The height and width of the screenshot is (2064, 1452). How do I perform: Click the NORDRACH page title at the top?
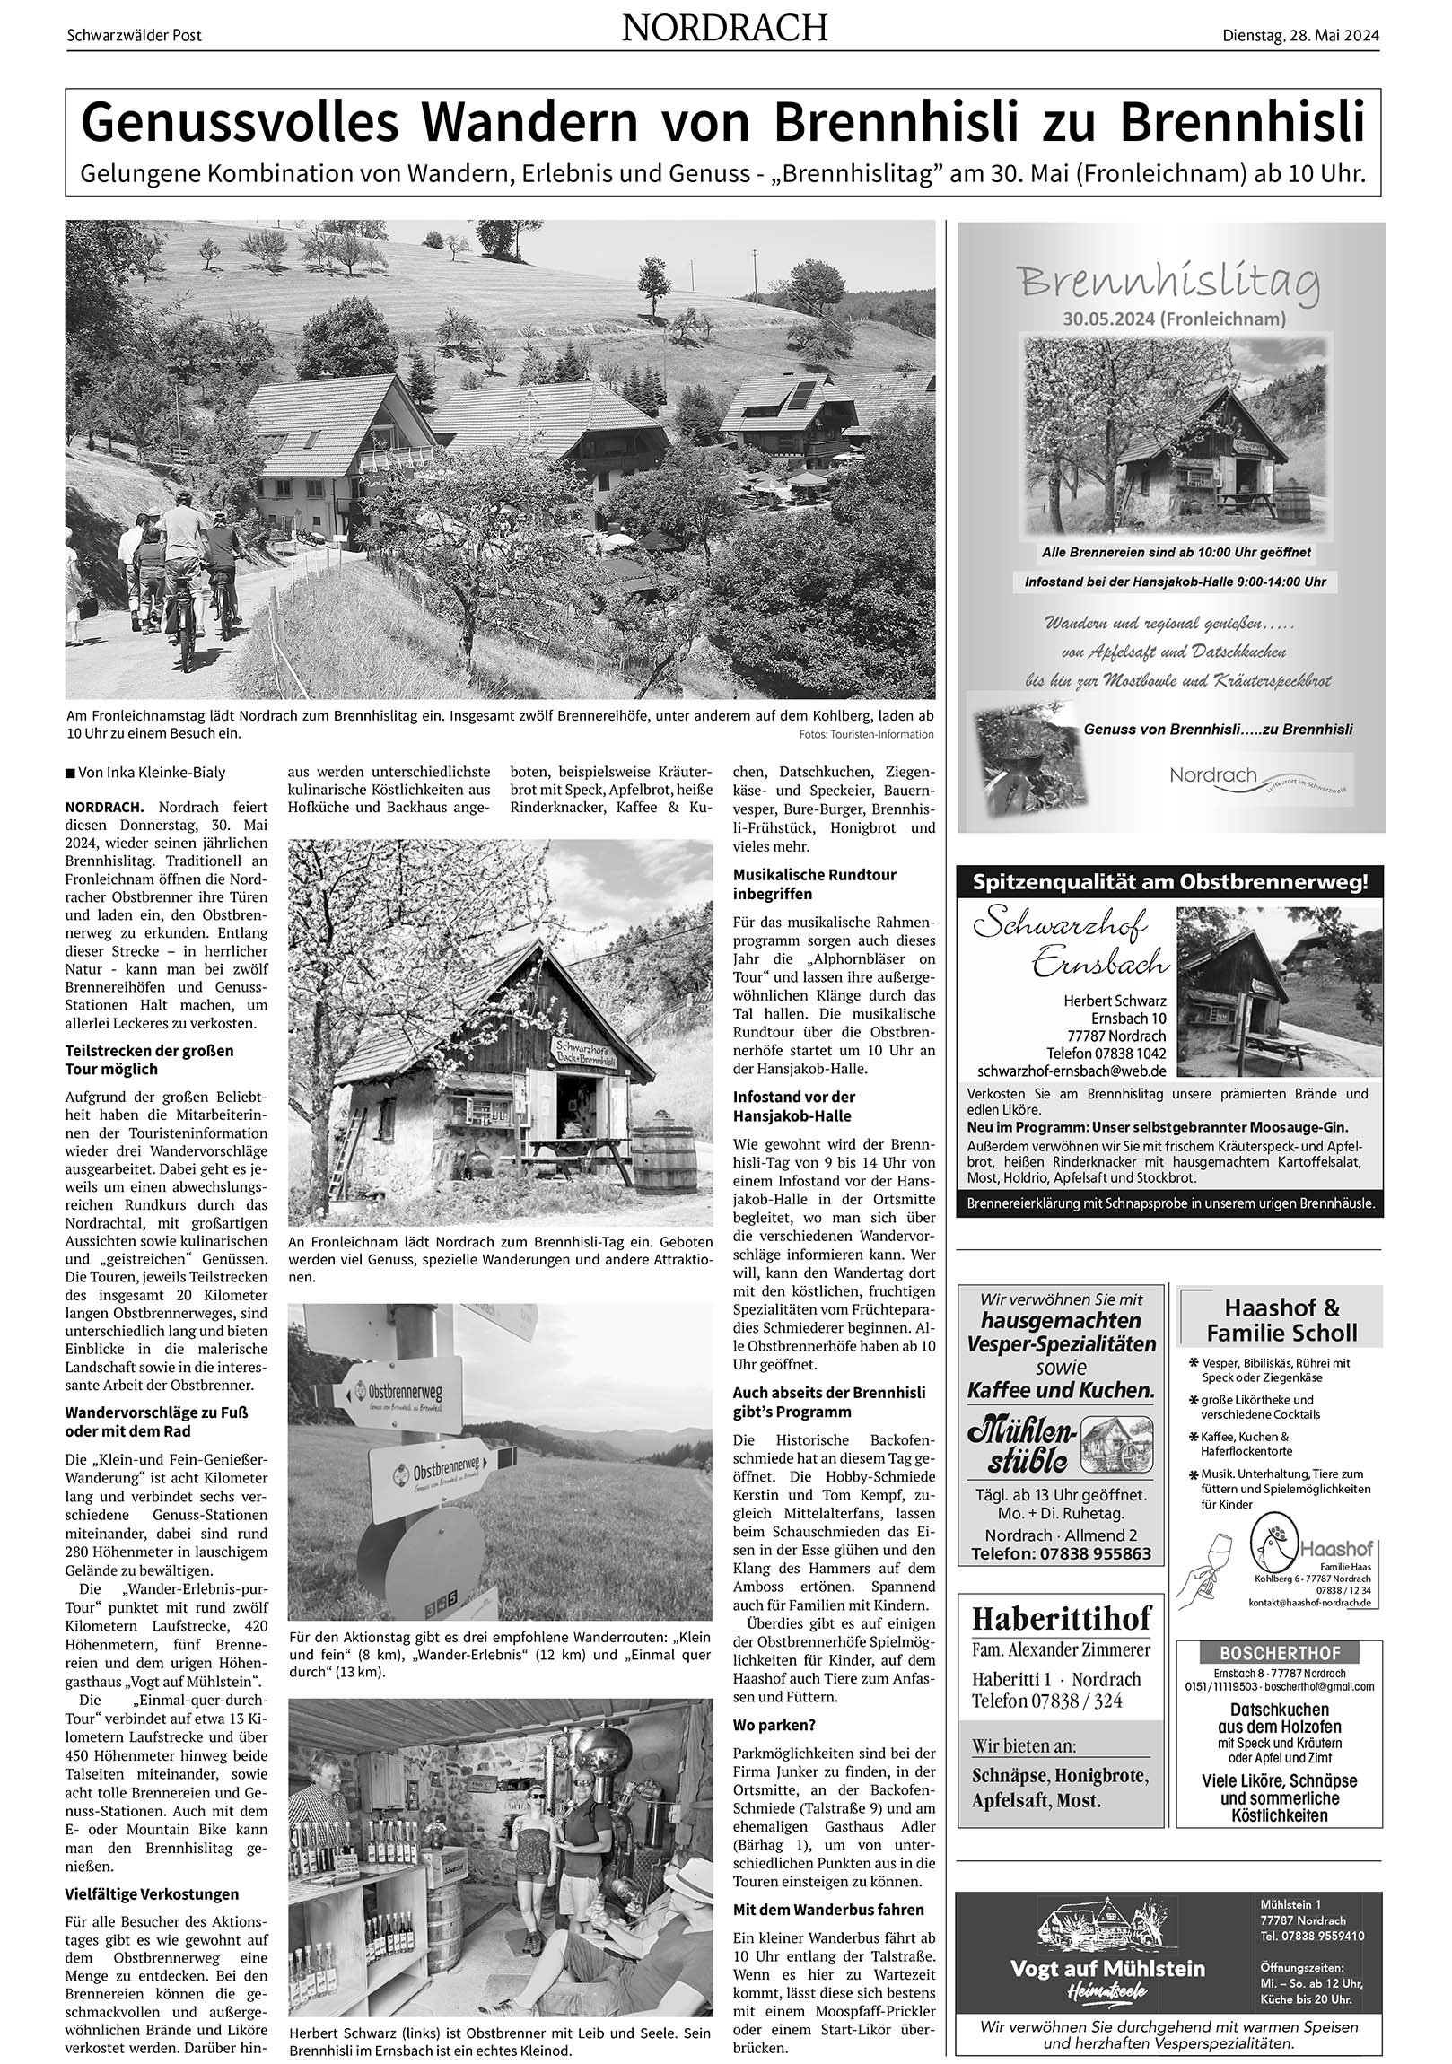(x=724, y=29)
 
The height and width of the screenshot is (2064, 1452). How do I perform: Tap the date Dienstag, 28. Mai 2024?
(x=1300, y=35)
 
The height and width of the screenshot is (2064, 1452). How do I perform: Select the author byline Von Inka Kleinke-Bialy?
(x=144, y=772)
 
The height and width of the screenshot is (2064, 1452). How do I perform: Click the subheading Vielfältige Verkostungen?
(x=152, y=1894)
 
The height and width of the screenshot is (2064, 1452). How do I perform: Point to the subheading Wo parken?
(x=774, y=1725)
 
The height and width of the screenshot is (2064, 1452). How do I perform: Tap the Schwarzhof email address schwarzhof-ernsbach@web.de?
(x=1072, y=1071)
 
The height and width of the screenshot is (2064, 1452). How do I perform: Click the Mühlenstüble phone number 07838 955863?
(x=1061, y=1554)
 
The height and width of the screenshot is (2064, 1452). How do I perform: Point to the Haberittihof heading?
(x=1061, y=1619)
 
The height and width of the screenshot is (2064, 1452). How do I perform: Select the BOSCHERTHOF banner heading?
(x=1280, y=1653)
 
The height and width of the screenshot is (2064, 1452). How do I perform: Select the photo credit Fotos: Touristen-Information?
(x=866, y=734)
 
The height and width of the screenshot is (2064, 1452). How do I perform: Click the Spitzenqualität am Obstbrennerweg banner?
(x=1169, y=882)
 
